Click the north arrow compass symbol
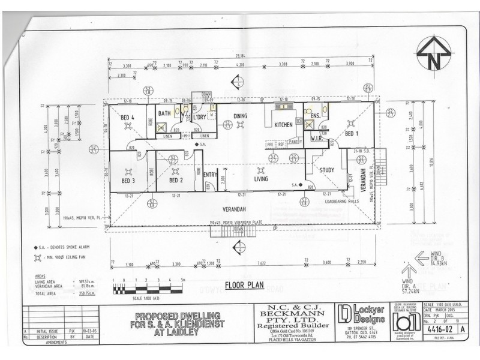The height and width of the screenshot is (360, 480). [x=435, y=55]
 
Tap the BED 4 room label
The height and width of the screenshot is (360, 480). [x=127, y=118]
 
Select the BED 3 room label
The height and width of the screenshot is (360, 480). [x=128, y=181]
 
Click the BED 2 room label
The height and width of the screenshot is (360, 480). [x=175, y=181]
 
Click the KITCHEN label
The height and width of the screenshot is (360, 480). [x=283, y=125]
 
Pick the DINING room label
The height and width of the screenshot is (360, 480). [x=240, y=116]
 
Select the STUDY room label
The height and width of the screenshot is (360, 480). [x=327, y=170]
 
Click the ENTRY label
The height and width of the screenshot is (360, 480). [x=210, y=175]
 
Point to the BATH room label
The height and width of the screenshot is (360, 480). [x=164, y=113]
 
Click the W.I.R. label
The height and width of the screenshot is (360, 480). [x=317, y=139]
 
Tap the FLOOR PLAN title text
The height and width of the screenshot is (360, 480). [x=244, y=286]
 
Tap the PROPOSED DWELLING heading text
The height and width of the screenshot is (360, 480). [x=178, y=316]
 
